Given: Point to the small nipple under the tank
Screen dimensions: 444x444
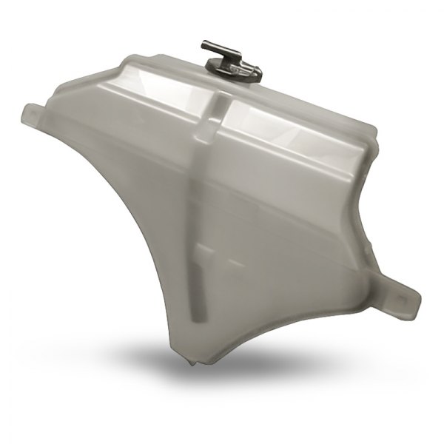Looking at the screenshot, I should pyautogui.click(x=192, y=363).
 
